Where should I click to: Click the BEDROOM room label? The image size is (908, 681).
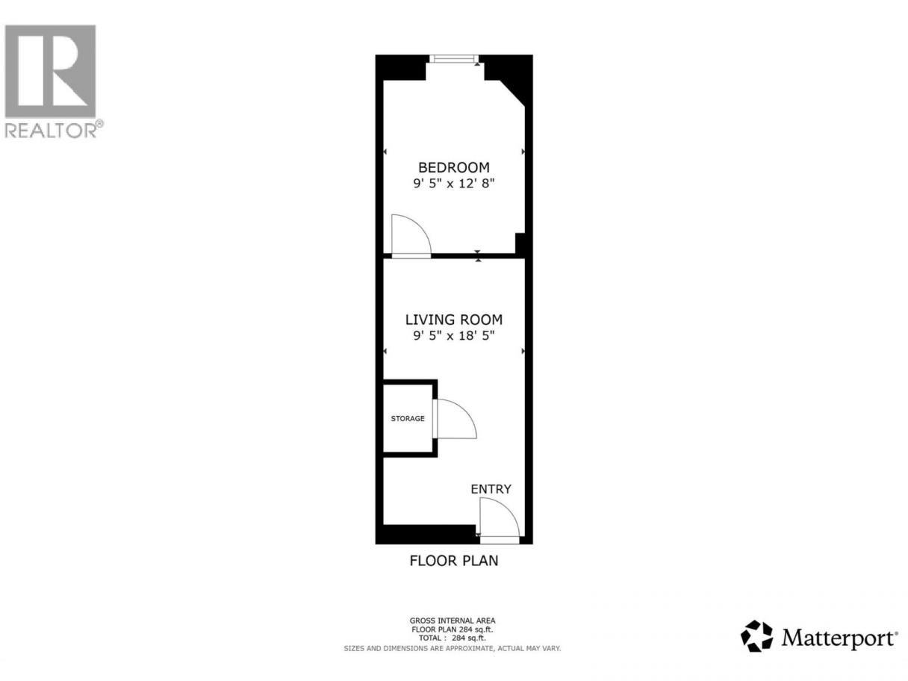(x=454, y=167)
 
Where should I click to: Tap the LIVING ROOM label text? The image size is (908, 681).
(x=454, y=320)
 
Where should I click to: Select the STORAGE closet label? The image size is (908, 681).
(x=408, y=418)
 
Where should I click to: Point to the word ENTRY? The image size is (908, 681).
(x=491, y=489)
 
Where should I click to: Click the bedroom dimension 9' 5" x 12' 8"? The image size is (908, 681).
(x=454, y=183)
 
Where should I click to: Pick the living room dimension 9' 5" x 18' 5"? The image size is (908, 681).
(x=454, y=335)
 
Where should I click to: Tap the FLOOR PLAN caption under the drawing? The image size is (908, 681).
(x=454, y=561)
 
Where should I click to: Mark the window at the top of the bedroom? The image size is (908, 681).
(x=454, y=59)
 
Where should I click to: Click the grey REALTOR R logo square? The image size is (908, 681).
(x=50, y=71)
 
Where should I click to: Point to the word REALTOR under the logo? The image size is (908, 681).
(x=51, y=131)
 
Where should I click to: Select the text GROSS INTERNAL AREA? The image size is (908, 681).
(x=453, y=621)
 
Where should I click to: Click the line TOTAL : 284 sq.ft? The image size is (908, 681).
(x=453, y=638)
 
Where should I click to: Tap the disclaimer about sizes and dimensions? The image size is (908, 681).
(x=453, y=648)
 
